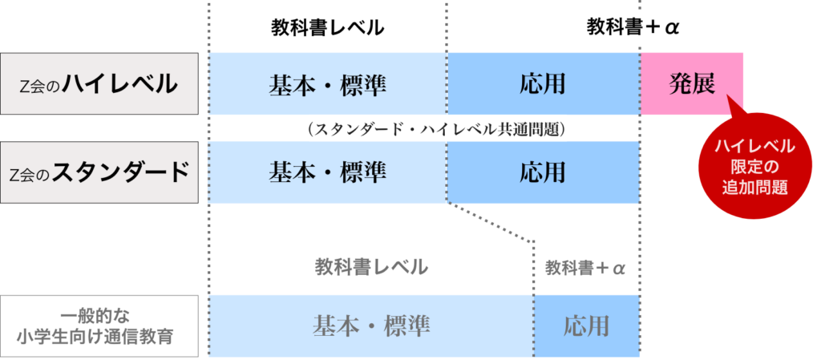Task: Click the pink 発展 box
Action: pos(691,84)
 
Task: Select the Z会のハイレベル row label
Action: pos(99,84)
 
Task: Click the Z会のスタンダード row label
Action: pos(99,172)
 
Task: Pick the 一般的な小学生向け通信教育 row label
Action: pos(99,326)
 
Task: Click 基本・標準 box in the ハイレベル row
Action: pos(327,84)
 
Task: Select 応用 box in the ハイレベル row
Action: pos(543,84)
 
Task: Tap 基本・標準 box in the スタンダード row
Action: pos(327,172)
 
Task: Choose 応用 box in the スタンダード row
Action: pos(543,172)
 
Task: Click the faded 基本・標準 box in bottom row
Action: pos(370,326)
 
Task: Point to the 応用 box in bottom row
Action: pos(586,326)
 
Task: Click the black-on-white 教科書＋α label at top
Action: pos(636,29)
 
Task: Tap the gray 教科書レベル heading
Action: pos(370,268)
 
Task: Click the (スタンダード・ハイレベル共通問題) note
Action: pos(437,129)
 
